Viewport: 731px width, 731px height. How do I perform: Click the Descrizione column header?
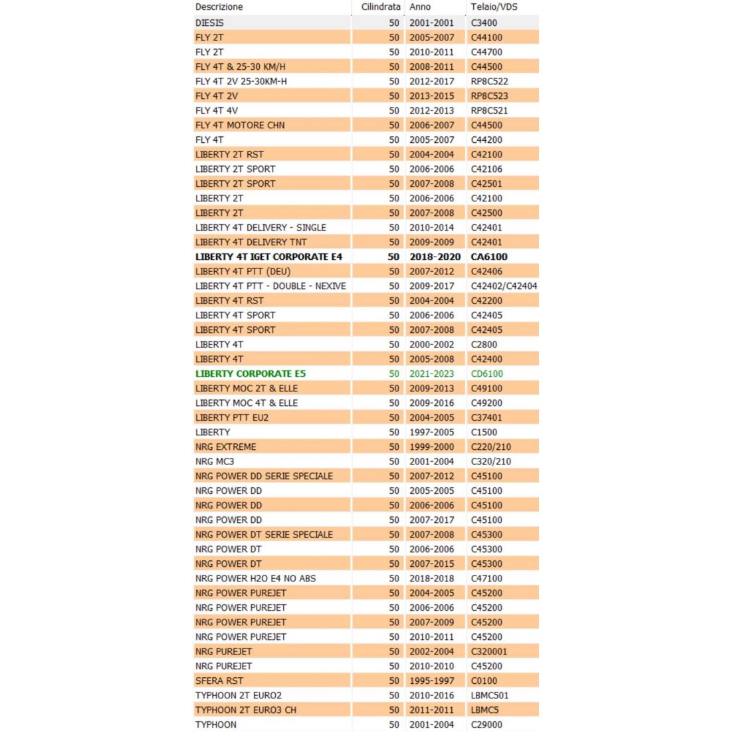click(219, 7)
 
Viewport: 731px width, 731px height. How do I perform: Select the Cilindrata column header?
click(381, 7)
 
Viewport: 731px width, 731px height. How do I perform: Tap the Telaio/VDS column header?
click(494, 7)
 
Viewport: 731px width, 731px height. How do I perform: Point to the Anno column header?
click(420, 7)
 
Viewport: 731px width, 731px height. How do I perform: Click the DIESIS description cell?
click(209, 23)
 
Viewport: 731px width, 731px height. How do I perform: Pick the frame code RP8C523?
click(489, 96)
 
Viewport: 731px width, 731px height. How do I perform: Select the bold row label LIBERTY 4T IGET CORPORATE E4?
click(268, 257)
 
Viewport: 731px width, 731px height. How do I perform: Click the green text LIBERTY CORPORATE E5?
click(251, 373)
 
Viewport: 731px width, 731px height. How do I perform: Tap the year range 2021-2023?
click(431, 373)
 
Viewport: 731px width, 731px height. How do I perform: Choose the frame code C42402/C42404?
click(504, 286)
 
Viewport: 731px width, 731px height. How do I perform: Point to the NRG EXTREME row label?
click(225, 447)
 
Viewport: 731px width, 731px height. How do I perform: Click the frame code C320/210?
click(490, 461)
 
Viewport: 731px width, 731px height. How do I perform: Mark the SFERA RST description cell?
click(219, 680)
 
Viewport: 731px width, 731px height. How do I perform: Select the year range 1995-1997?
click(431, 680)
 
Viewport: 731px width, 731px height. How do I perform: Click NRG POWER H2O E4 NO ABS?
click(255, 578)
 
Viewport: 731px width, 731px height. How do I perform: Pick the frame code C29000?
click(486, 724)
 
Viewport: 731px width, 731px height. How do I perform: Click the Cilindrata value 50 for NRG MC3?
click(394, 461)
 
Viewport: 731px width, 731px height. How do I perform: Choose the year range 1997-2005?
click(431, 432)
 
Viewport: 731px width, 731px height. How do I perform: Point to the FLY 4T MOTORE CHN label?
click(240, 125)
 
